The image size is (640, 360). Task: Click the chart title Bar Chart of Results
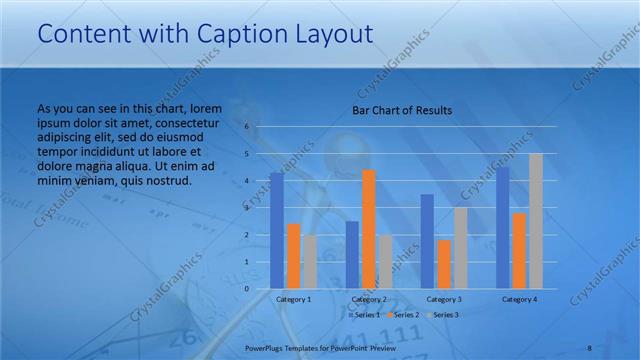tap(402, 110)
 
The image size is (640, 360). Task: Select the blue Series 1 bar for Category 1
tap(277, 231)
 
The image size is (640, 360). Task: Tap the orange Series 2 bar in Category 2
tap(369, 229)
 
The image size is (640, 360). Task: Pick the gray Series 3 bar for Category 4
tap(536, 221)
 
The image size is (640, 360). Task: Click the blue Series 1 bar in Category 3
tap(427, 241)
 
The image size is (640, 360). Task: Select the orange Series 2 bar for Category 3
tap(444, 264)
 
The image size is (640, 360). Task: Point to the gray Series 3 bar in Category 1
tap(310, 262)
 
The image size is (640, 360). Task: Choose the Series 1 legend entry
tap(364, 315)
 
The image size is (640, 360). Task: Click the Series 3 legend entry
tap(443, 315)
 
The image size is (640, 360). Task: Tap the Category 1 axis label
tap(294, 299)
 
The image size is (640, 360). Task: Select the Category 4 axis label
tap(519, 299)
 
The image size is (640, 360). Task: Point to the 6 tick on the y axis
tap(247, 127)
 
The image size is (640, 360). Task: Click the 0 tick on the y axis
tap(247, 289)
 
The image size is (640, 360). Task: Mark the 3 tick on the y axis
tap(247, 208)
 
